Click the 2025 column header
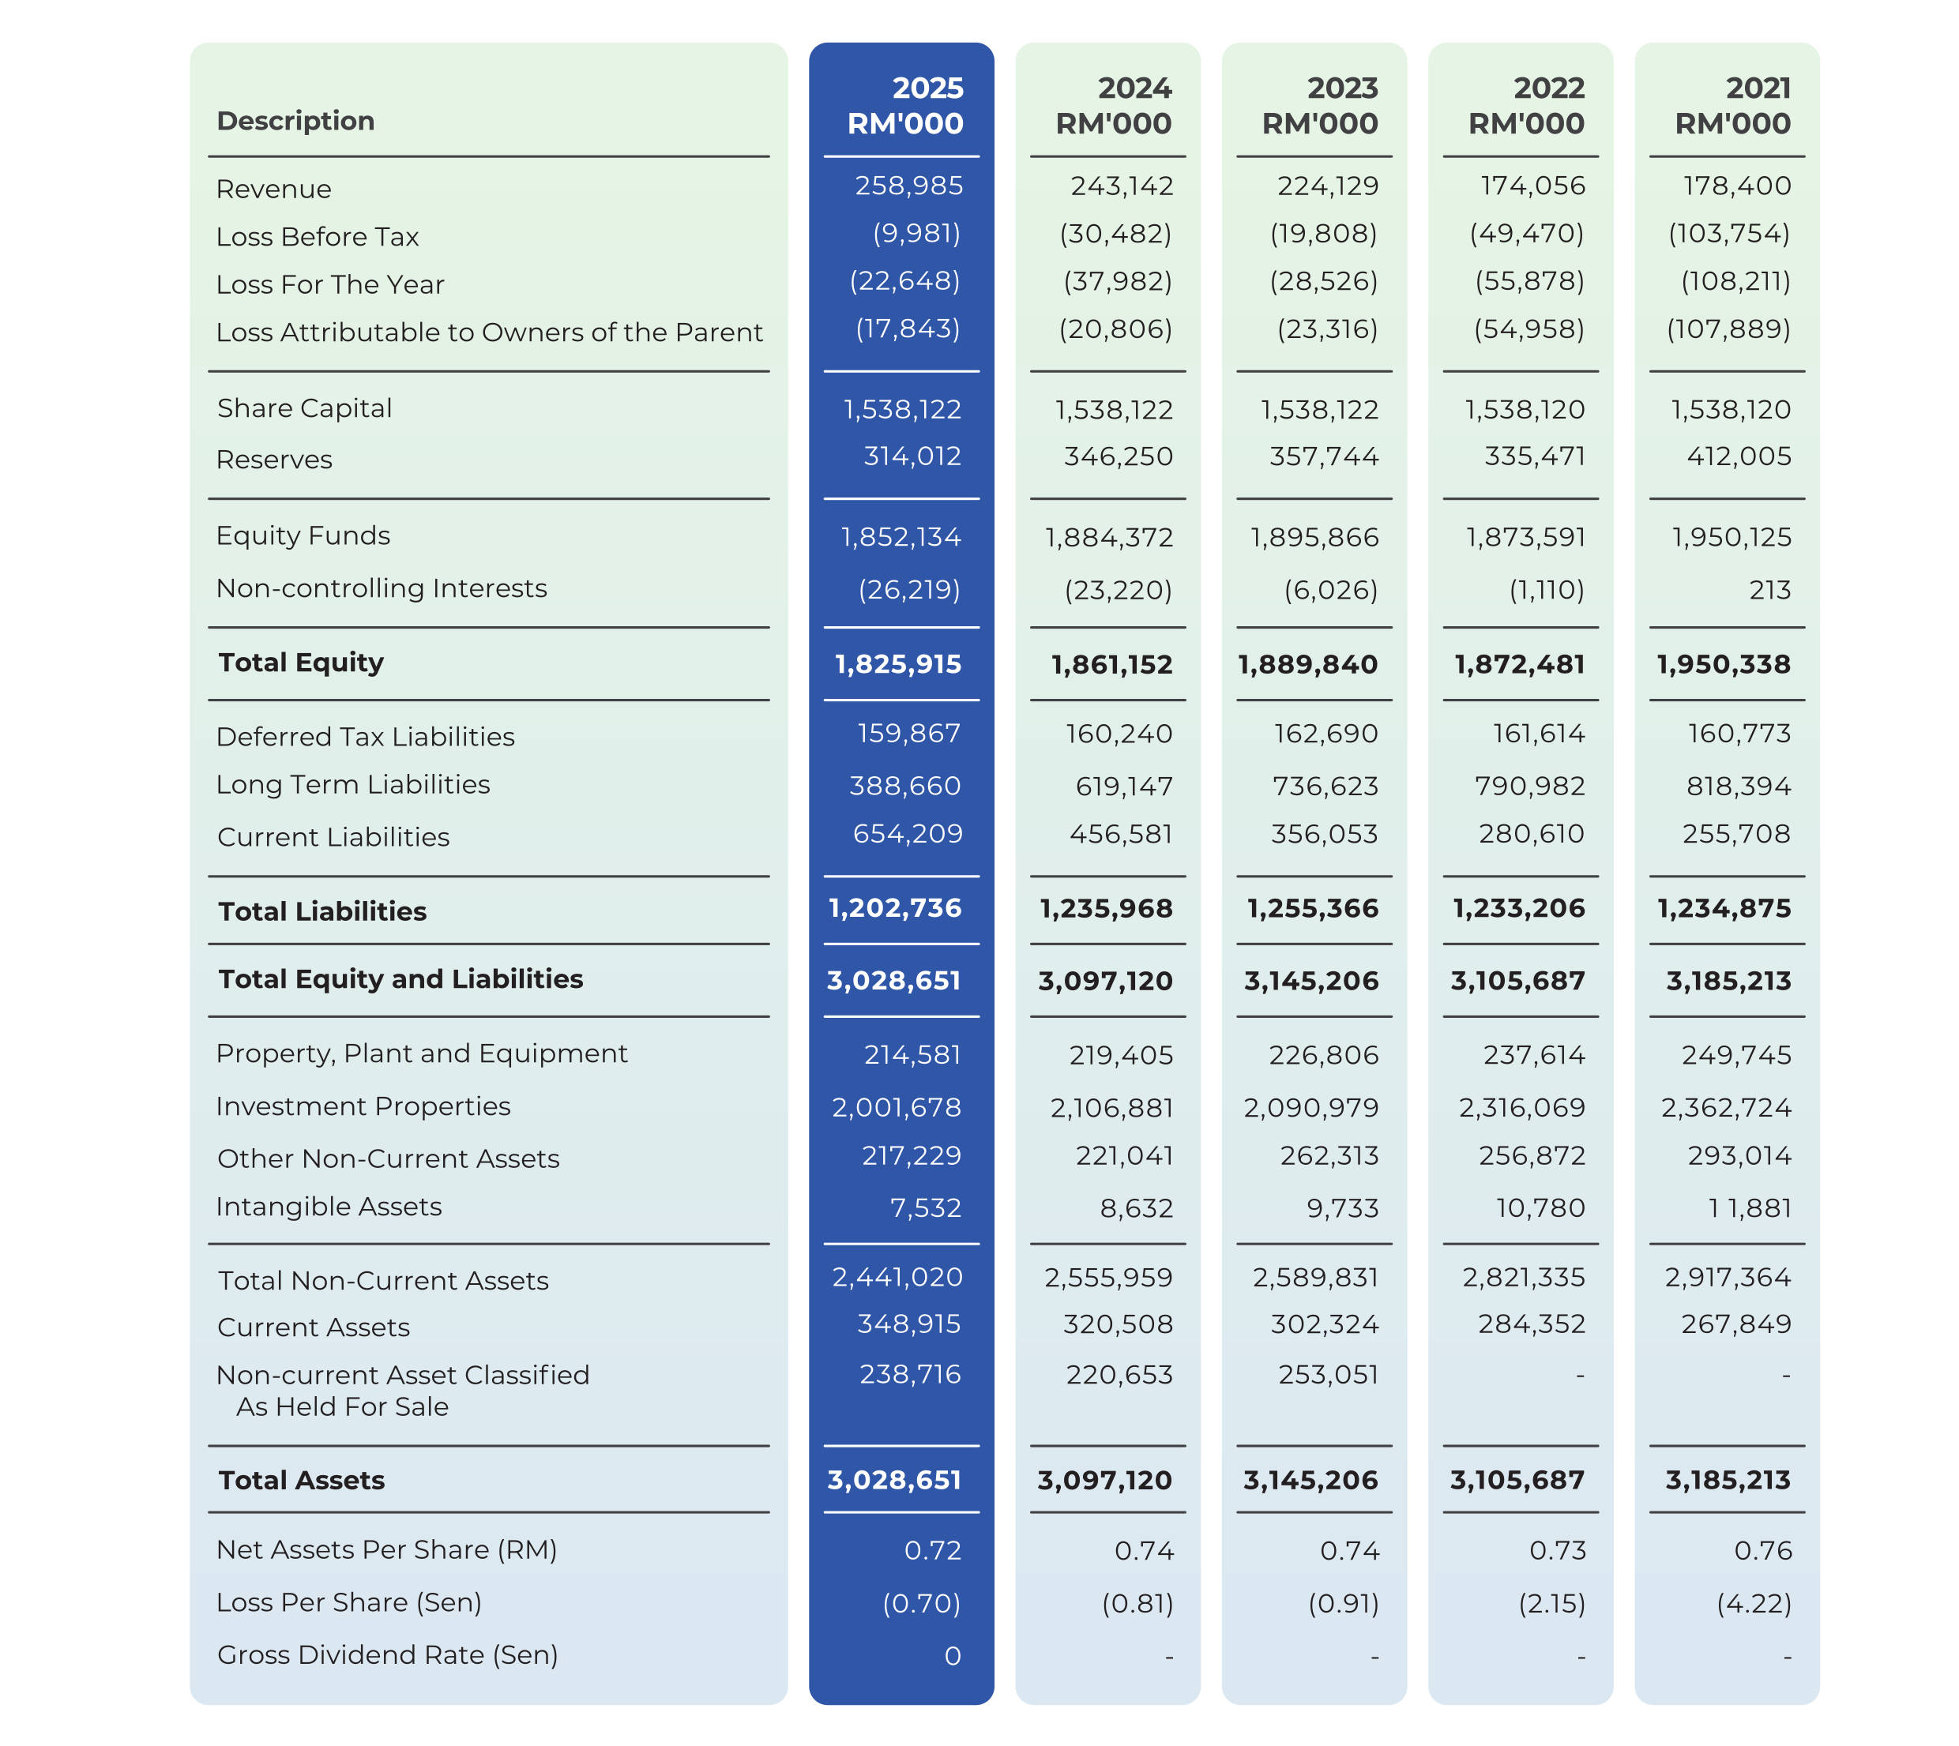pos(905,106)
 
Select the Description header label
pos(295,121)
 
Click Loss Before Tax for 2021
pos(1728,233)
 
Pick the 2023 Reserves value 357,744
pos(1324,456)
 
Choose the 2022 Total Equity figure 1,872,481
pos(1519,665)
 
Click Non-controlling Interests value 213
pos(1769,590)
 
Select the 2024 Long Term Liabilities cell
pos(1124,787)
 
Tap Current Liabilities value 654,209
pos(907,834)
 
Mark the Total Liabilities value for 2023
pos(1312,908)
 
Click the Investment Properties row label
pos(363,1107)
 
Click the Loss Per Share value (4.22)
pos(1754,1604)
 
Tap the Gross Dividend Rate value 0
pos(952,1657)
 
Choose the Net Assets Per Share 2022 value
pos(1557,1551)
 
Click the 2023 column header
pos(1320,106)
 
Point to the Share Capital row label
pos(304,409)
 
